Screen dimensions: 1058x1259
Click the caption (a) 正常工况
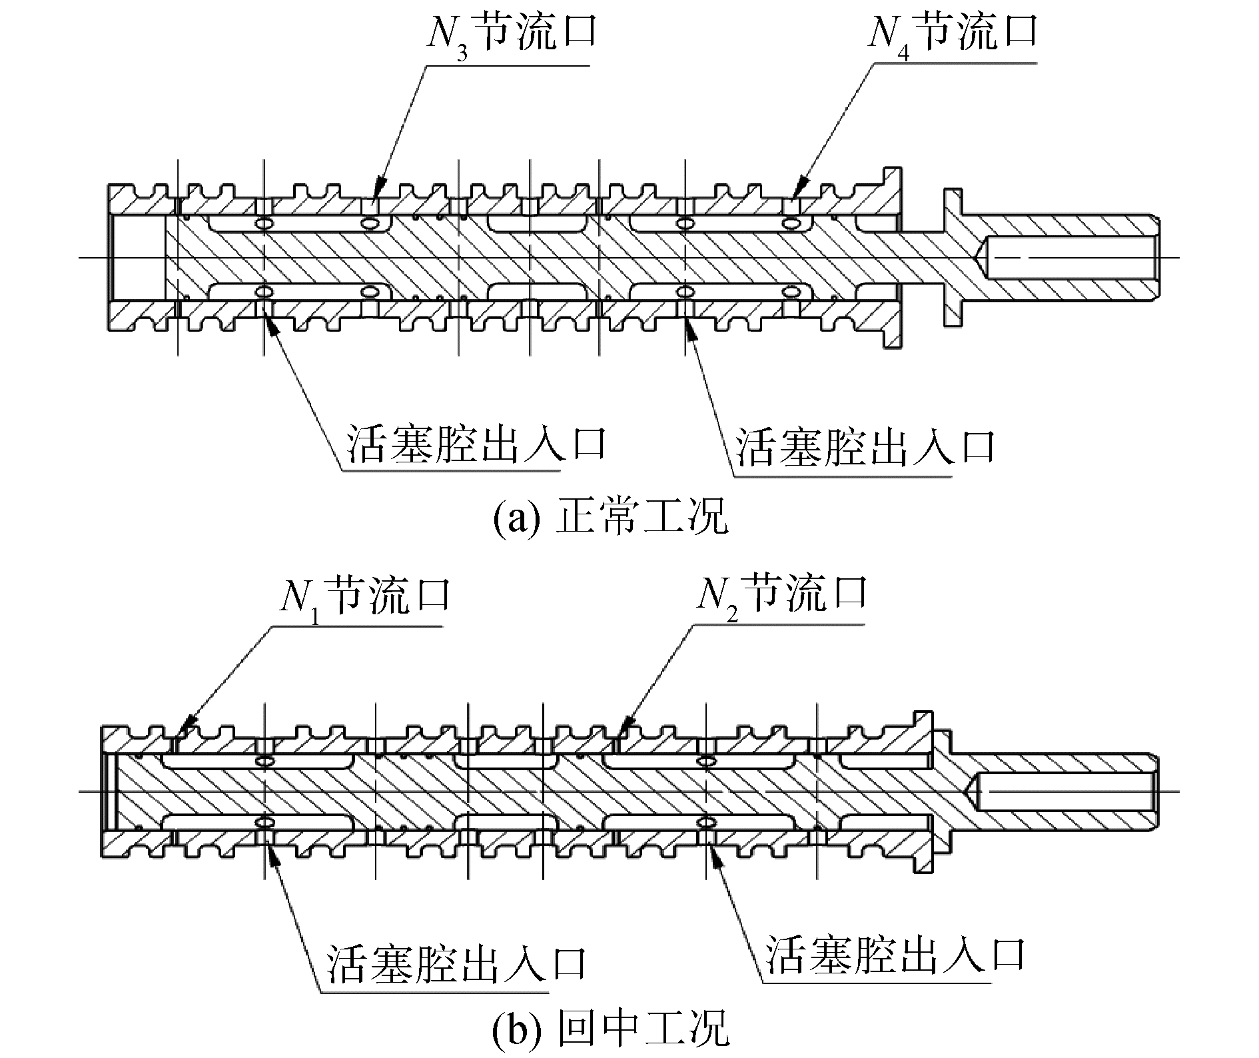(x=610, y=518)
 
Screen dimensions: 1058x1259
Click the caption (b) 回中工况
(x=610, y=1031)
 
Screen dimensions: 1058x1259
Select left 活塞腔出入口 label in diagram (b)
(x=456, y=963)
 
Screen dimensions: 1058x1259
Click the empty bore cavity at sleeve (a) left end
(x=137, y=258)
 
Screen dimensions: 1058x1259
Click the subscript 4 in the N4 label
(x=903, y=53)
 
